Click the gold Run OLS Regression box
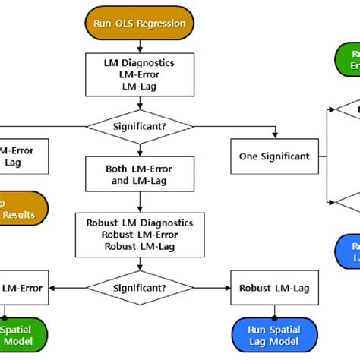(x=140, y=24)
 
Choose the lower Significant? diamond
(x=140, y=288)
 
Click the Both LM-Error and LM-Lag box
(x=140, y=175)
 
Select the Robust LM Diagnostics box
(x=140, y=234)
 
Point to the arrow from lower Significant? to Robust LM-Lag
(x=209, y=288)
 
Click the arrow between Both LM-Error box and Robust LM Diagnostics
(x=140, y=202)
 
